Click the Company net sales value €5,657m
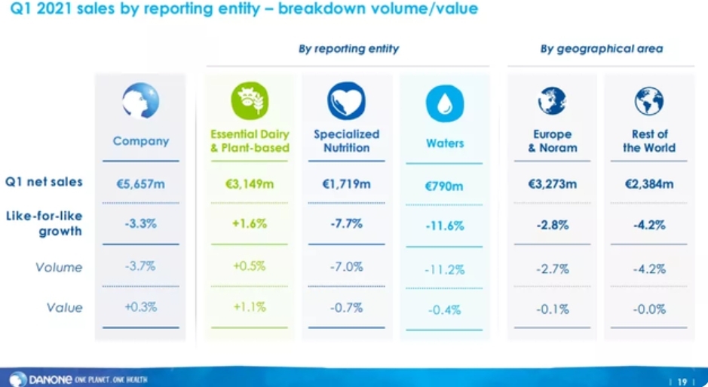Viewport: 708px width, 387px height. click(141, 183)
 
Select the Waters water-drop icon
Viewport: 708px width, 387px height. click(445, 104)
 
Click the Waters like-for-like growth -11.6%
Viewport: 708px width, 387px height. click(445, 226)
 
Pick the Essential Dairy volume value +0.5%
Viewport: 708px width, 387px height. click(250, 266)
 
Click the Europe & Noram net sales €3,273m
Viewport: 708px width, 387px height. click(553, 183)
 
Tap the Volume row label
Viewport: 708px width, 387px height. click(59, 267)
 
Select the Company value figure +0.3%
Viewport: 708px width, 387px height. click(141, 308)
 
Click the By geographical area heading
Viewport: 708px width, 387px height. click(601, 49)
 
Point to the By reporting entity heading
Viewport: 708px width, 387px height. click(348, 49)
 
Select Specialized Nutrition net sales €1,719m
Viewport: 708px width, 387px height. click(347, 183)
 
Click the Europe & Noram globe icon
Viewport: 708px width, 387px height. click(553, 101)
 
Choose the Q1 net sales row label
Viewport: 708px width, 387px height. click(44, 182)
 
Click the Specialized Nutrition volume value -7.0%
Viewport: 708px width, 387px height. click(347, 267)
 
